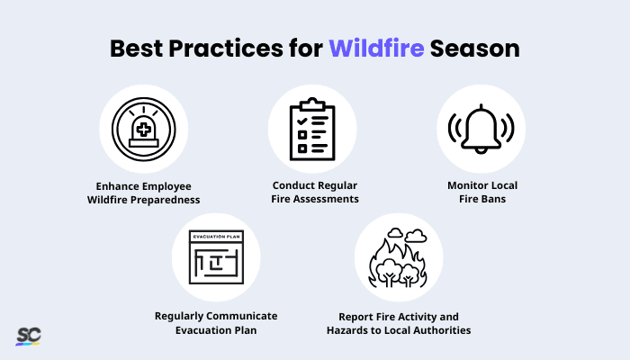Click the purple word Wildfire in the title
[x=376, y=48]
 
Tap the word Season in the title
[x=474, y=48]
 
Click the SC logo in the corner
[x=28, y=336]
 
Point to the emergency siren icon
[x=143, y=130]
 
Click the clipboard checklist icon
[x=312, y=130]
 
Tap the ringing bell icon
[x=481, y=130]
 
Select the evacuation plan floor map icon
[x=216, y=257]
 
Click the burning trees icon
[x=398, y=257]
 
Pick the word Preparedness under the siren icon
[x=167, y=199]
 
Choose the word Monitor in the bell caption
[x=465, y=185]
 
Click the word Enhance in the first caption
[x=113, y=185]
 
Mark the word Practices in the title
[x=226, y=48]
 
